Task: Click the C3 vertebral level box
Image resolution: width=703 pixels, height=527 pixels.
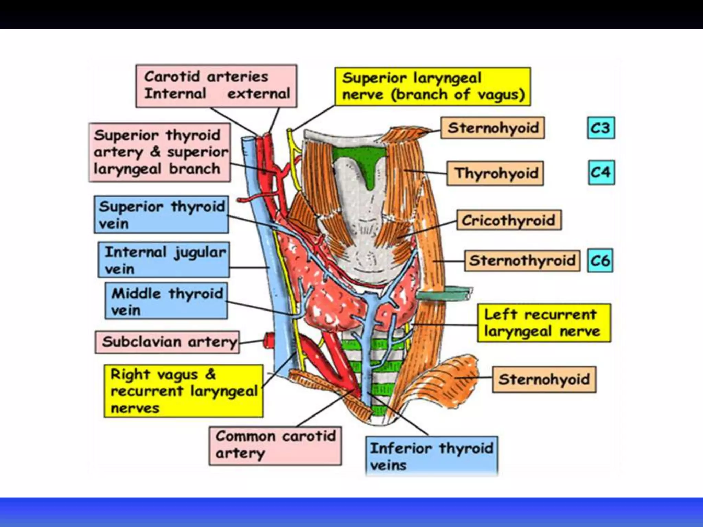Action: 601,128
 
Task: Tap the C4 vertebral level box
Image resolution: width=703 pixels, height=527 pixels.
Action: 601,172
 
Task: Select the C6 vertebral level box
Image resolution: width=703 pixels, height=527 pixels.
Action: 600,260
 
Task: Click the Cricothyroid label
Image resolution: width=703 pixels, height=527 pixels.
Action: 509,220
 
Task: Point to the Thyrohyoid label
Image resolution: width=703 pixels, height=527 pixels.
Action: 495,173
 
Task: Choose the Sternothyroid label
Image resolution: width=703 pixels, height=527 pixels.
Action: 522,260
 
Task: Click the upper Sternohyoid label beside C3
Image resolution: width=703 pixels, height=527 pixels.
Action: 493,128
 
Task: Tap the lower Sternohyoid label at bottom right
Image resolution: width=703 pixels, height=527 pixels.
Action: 544,379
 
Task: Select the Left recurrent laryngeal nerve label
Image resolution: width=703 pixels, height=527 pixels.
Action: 544,323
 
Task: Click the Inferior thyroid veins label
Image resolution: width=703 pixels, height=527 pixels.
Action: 431,456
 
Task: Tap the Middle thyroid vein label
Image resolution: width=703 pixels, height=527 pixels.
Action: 166,301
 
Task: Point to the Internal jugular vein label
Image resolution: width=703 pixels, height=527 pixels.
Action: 164,260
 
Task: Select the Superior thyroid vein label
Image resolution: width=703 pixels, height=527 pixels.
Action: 161,214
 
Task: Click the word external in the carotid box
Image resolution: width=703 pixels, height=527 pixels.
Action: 259,93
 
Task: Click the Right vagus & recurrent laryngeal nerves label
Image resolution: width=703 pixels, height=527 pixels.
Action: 183,391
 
